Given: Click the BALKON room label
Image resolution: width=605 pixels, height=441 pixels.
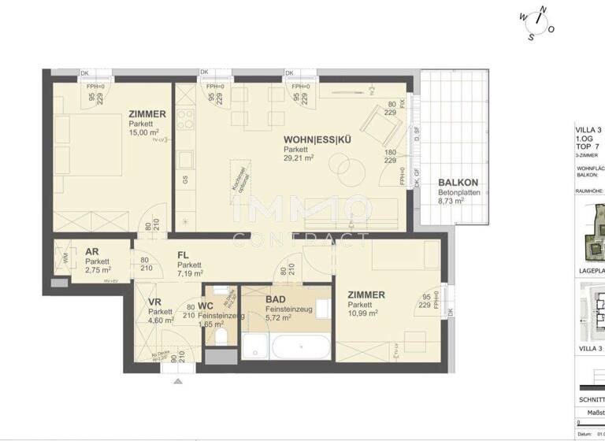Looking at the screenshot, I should point(458,183).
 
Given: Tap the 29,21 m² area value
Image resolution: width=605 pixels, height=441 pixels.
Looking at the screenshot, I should point(299,157).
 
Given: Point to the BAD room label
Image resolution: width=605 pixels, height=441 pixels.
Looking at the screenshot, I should point(275,300).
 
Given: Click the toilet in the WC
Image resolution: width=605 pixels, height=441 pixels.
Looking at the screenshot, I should point(223,338).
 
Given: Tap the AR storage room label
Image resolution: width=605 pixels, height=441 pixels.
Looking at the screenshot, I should point(91,252).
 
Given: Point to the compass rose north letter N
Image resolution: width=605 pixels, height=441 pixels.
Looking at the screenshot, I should point(541,11).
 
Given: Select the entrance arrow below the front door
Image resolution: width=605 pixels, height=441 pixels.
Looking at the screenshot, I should point(177,381).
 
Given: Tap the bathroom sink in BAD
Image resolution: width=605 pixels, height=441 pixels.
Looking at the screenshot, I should point(323,308).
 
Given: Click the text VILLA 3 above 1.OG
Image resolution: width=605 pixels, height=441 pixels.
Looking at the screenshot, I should point(588,130).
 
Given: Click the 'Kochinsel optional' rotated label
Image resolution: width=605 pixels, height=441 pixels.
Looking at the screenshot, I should point(236,176).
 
